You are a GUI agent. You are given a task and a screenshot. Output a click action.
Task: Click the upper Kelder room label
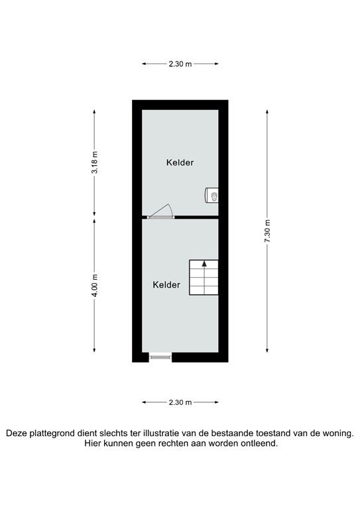tap(180, 162)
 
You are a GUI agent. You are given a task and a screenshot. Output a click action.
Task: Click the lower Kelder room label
tap(166, 285)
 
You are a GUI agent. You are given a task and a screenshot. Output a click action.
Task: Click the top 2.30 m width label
tap(180, 64)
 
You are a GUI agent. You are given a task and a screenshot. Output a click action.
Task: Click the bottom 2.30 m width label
tap(180, 402)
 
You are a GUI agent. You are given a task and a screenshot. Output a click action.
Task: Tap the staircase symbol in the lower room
tap(204, 277)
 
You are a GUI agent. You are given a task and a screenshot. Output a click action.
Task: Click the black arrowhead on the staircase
tap(204, 263)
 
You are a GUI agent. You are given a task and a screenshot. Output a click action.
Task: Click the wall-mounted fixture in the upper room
tap(213, 195)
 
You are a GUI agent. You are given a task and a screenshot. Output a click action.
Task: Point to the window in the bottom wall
tap(160, 357)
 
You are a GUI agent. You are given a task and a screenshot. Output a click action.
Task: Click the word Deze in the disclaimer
tap(18, 433)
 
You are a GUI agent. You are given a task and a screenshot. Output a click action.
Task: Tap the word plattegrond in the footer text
tap(56, 433)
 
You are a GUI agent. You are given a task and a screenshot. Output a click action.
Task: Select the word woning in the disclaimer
tap(337, 433)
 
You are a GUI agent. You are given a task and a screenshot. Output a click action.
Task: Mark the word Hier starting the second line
tap(93, 444)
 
